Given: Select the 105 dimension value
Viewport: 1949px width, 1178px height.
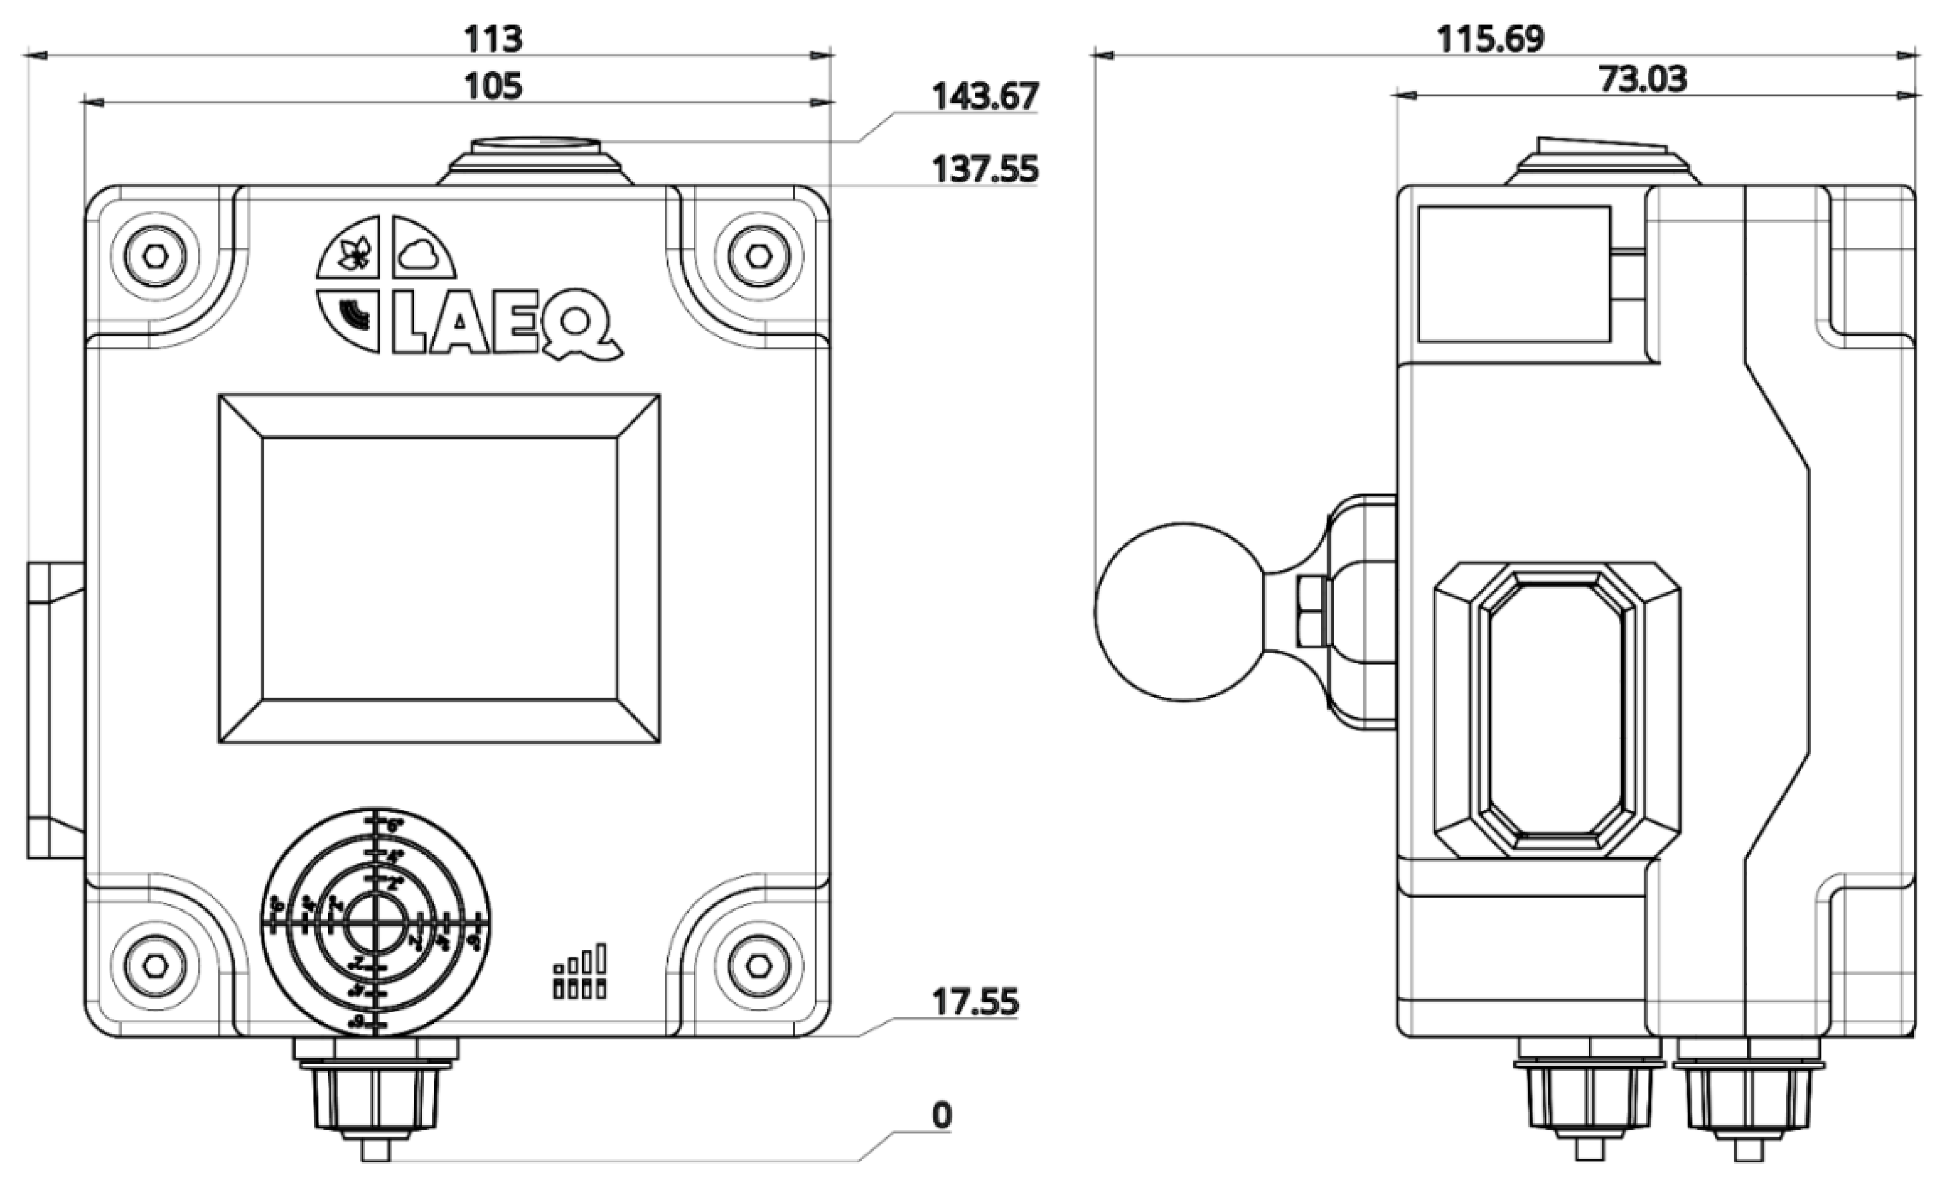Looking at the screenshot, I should [492, 86].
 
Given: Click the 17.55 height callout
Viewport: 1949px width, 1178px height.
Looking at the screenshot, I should [974, 1002].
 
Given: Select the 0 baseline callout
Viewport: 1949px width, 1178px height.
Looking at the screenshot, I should [941, 1115].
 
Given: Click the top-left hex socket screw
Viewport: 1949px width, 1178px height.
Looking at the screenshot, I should [156, 256].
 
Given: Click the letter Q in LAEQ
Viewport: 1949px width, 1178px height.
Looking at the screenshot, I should [580, 327].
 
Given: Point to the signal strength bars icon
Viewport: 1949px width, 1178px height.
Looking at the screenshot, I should [580, 971].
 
